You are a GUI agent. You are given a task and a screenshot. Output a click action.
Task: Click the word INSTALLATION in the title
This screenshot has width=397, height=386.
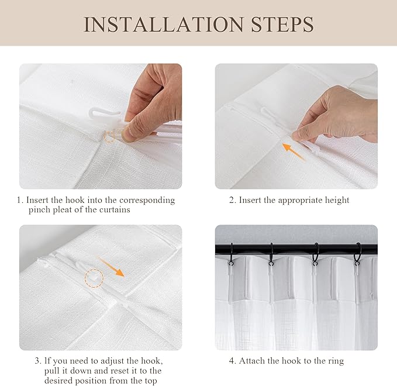(x=164, y=24)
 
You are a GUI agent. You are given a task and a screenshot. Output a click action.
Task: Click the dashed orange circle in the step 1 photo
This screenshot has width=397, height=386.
(x=109, y=137)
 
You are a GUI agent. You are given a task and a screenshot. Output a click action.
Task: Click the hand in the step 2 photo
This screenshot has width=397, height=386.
(x=339, y=115)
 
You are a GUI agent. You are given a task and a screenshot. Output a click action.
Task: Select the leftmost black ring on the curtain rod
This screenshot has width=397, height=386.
(x=231, y=253)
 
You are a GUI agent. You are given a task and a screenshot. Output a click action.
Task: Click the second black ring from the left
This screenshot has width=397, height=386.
(x=271, y=253)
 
